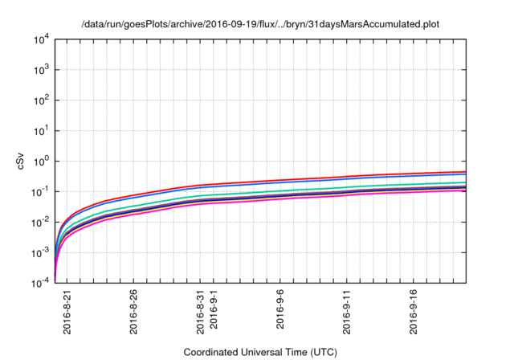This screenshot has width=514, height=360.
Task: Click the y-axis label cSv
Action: click(22, 161)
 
